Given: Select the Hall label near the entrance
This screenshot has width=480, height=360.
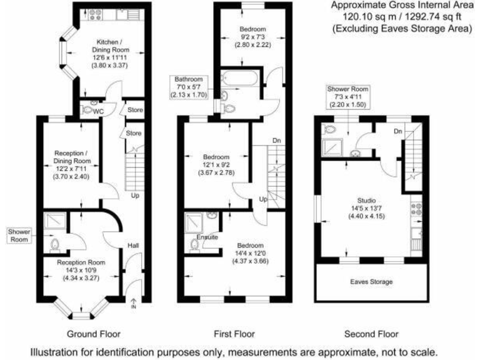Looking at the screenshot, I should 133,246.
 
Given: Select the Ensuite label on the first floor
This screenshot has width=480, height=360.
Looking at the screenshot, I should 207,237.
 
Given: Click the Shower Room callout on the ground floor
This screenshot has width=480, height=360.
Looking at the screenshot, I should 19,235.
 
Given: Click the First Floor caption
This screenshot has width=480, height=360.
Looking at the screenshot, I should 234,334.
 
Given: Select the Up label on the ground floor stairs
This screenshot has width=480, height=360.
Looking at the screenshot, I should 134,196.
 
